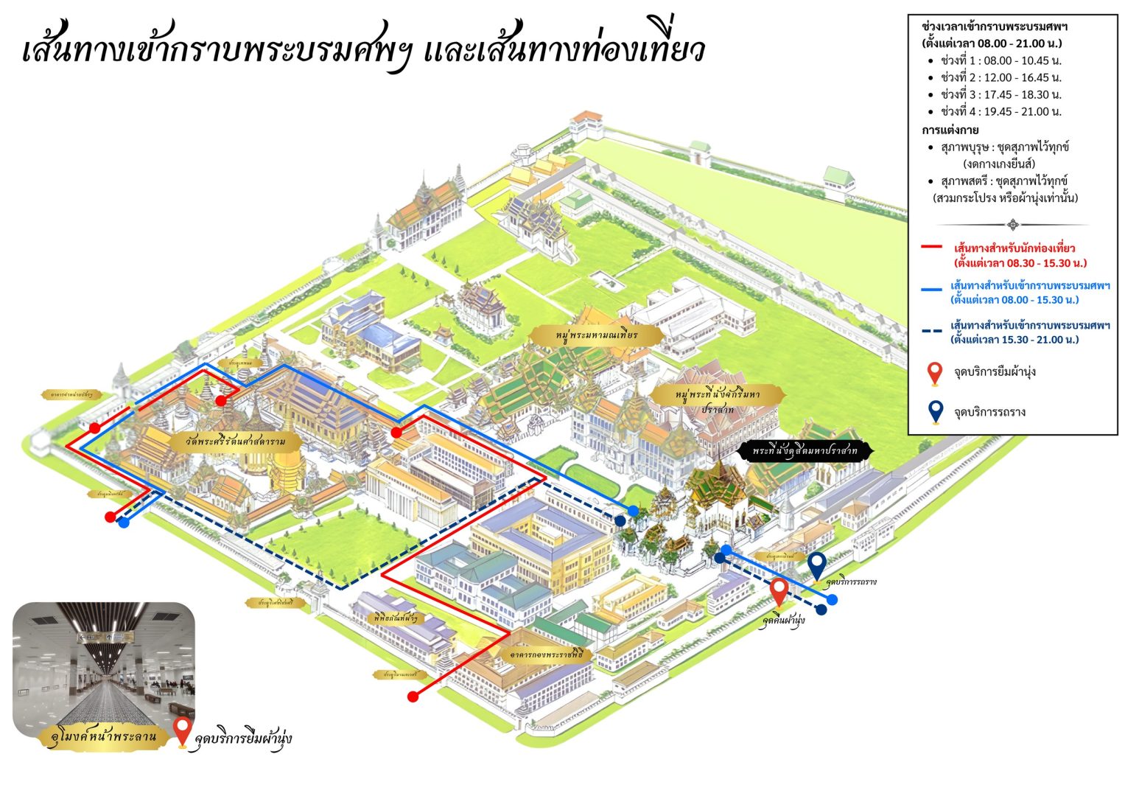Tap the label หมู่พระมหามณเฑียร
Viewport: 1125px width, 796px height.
[x=597, y=335]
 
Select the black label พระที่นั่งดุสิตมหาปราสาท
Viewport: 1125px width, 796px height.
[x=805, y=450]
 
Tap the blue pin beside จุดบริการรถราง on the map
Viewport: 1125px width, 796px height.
[x=816, y=566]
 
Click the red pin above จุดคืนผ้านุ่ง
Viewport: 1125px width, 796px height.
[x=779, y=593]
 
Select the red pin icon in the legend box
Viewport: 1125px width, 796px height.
[x=935, y=373]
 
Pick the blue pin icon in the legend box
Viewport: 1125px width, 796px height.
[x=935, y=411]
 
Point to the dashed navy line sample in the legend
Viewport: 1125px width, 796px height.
[x=931, y=331]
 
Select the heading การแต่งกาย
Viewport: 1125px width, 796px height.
[x=950, y=130]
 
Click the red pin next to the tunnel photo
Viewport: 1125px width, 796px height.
[x=183, y=732]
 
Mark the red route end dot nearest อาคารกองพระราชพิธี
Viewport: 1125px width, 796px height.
[x=413, y=696]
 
